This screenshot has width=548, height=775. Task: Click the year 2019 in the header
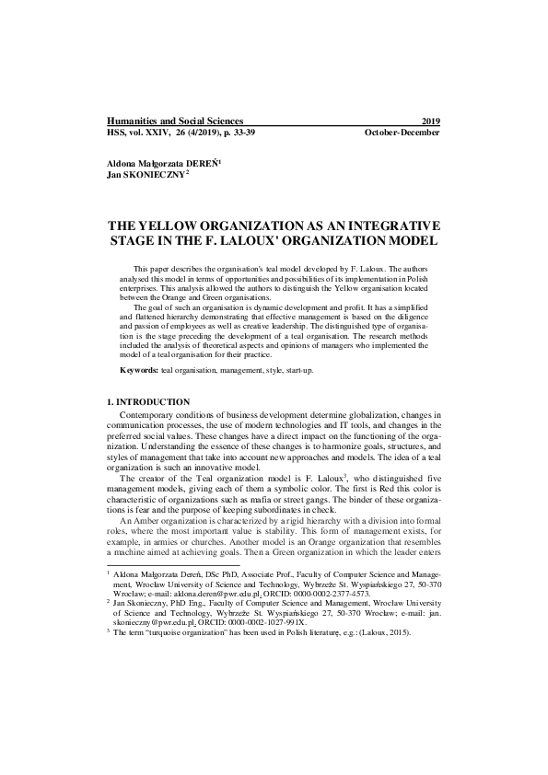tap(430, 121)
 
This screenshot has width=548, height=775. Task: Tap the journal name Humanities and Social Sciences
tap(175, 121)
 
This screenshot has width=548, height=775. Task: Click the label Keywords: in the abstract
tap(140, 369)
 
